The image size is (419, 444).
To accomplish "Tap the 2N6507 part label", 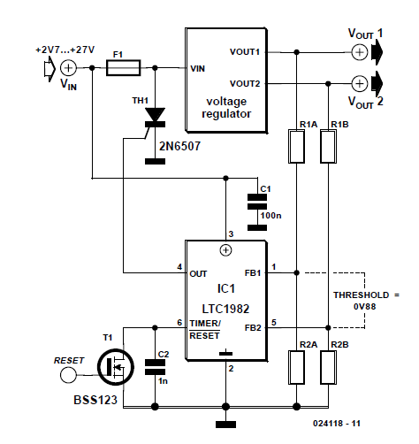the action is (179, 146).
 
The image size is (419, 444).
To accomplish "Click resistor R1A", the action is (296, 146).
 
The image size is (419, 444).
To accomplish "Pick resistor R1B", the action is (328, 146).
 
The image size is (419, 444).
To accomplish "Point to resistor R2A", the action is (296, 367).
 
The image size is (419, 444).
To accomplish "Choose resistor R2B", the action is (328, 367).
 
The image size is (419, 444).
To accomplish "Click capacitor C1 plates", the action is (257, 202).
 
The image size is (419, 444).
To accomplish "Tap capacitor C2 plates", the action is (155, 367).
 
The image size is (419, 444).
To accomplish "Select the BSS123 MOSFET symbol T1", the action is (116, 367).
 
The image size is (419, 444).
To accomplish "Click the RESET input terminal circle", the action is (68, 375).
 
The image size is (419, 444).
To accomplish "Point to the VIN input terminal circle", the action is (68, 68).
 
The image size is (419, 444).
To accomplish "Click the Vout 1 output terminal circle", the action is (360, 52).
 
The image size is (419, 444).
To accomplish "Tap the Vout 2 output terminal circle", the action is (360, 84).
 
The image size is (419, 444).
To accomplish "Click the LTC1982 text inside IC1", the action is (225, 309).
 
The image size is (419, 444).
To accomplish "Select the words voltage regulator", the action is (226, 108).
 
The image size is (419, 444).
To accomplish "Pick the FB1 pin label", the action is (253, 273).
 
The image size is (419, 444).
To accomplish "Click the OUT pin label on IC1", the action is (198, 274).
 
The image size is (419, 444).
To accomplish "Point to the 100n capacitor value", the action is (270, 216).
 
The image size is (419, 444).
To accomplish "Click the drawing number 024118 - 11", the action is (337, 424).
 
